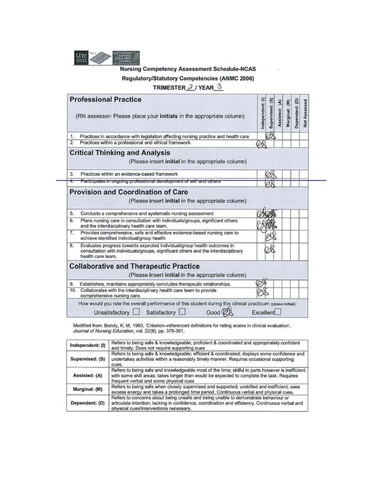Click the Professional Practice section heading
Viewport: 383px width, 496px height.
[x=106, y=100]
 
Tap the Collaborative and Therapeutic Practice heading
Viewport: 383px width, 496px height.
[x=134, y=266]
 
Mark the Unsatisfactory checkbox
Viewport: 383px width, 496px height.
[x=136, y=312]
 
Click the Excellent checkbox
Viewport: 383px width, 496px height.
[x=278, y=312]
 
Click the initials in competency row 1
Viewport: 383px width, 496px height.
[x=270, y=136]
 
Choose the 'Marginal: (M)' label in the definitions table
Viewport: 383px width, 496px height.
[x=88, y=389]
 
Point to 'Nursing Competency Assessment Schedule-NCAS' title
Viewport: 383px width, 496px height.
[x=188, y=70]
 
